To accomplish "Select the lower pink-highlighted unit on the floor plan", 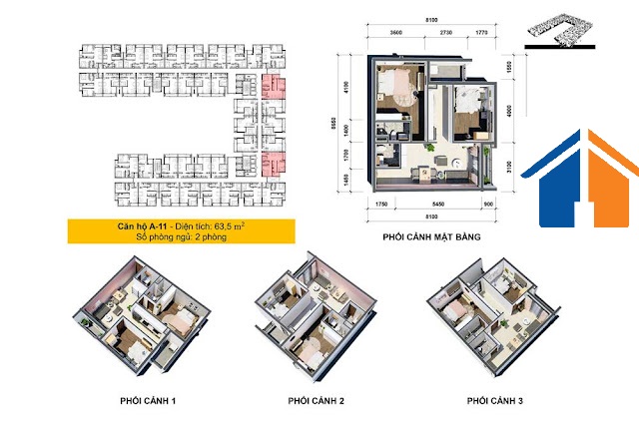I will (x=273, y=164).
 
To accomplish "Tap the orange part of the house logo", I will (x=601, y=184).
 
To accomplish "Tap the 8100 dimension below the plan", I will (x=432, y=216).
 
